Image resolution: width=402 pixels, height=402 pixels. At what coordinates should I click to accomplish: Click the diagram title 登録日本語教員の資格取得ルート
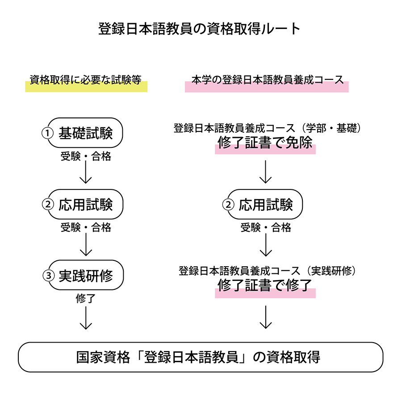(x=199, y=29)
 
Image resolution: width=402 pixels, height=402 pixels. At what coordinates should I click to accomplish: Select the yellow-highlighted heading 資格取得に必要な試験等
(x=86, y=80)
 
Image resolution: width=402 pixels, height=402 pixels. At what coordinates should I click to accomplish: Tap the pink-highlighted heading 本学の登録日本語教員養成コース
(x=268, y=80)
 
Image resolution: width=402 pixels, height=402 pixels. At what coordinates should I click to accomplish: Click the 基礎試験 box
(x=85, y=133)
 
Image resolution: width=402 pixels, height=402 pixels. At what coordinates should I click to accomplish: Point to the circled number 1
(x=47, y=133)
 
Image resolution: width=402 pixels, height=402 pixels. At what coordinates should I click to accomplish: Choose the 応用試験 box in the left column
(x=85, y=204)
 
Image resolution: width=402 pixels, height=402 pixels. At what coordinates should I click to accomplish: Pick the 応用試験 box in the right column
(x=265, y=204)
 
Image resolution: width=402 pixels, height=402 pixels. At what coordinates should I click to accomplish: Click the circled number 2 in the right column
(x=228, y=205)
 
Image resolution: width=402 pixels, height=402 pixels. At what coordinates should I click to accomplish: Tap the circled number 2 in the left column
(x=48, y=205)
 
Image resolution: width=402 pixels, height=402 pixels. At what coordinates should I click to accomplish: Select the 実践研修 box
(x=86, y=275)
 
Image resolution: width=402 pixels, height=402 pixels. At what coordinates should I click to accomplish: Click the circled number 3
(x=48, y=276)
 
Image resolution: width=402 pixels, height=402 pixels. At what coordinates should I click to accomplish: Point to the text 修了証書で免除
(x=265, y=142)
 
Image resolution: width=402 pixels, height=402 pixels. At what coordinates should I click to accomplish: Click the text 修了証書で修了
(x=264, y=285)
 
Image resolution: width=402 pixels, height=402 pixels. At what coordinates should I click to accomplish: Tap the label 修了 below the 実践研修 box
(x=86, y=298)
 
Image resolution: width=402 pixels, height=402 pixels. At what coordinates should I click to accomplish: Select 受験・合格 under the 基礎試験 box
(x=86, y=156)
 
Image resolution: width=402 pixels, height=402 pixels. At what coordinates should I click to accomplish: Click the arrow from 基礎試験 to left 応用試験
(x=86, y=172)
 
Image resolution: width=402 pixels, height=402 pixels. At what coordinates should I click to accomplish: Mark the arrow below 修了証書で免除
(x=266, y=172)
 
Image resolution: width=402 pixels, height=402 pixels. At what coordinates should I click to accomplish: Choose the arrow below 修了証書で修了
(x=266, y=317)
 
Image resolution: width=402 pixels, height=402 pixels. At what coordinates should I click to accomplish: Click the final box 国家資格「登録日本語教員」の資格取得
(x=201, y=357)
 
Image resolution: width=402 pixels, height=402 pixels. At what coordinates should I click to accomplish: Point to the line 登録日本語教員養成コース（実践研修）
(x=267, y=271)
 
